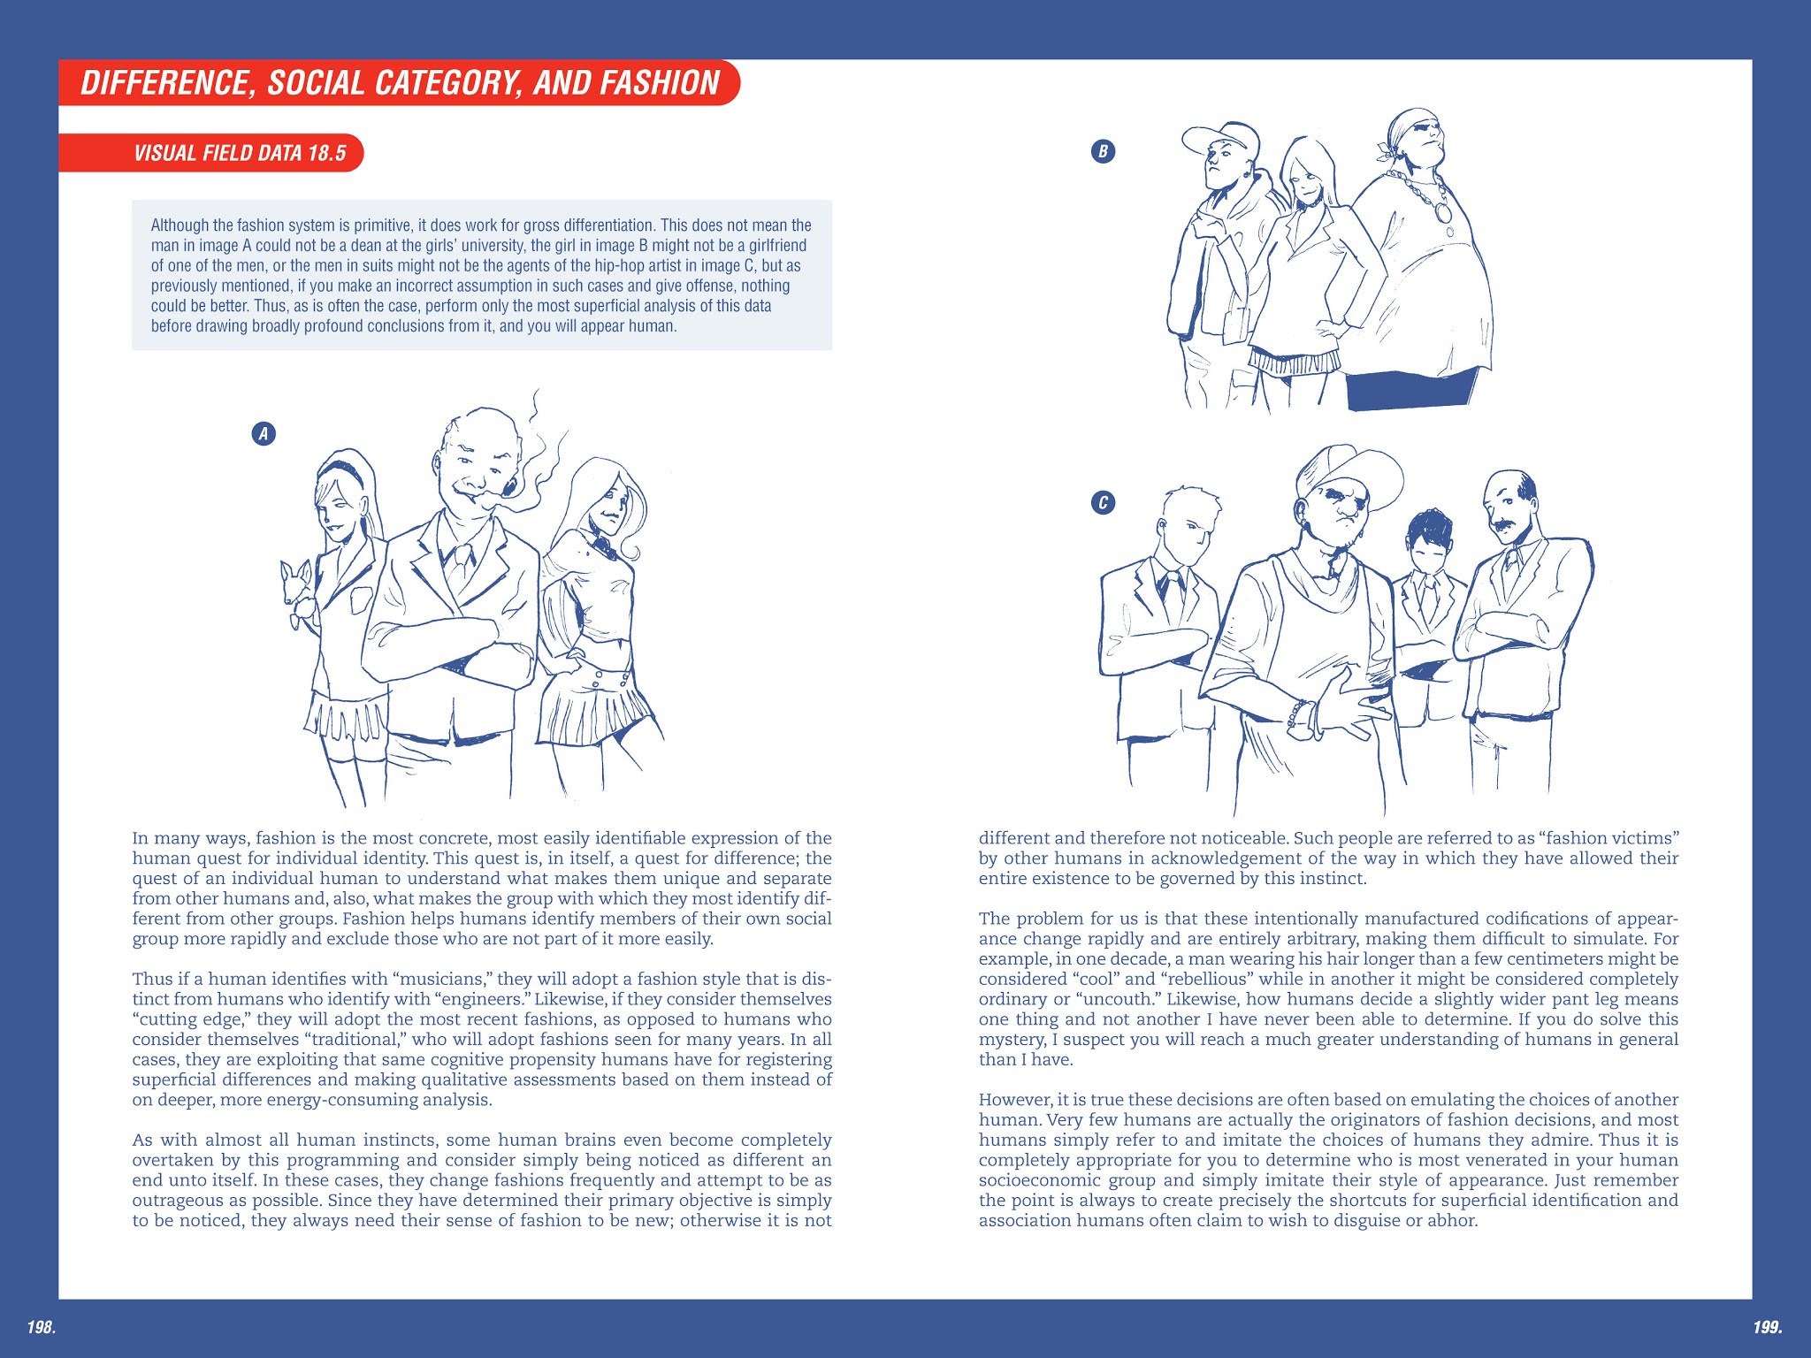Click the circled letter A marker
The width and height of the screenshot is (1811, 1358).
264,433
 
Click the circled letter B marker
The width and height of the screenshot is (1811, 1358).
1103,151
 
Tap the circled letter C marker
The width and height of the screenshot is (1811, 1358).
1103,503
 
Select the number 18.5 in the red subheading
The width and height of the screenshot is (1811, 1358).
326,153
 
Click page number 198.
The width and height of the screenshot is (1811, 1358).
41,1326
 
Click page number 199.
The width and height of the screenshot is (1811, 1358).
1767,1326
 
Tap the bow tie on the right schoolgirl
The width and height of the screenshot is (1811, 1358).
604,546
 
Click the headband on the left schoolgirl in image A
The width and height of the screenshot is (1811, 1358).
341,468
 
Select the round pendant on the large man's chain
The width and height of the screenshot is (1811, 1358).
1442,213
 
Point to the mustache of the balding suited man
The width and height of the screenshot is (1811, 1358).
1506,523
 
